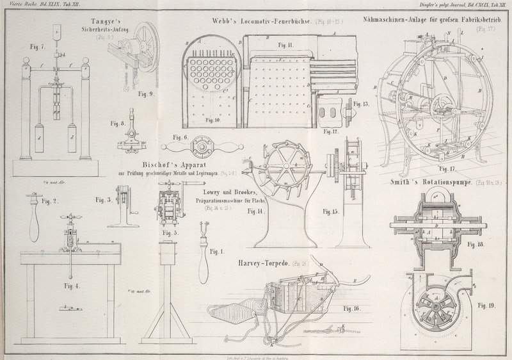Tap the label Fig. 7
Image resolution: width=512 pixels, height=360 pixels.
click(x=38, y=47)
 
